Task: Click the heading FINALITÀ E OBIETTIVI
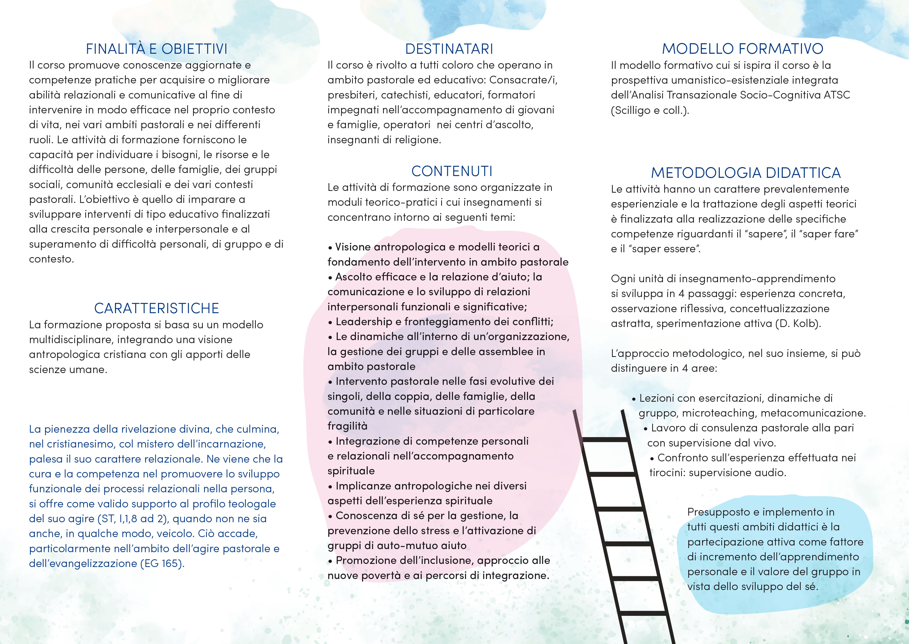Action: [157, 49]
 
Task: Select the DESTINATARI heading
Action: [449, 49]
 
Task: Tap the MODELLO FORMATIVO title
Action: [742, 49]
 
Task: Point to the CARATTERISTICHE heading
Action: [156, 308]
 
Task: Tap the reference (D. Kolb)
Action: [798, 324]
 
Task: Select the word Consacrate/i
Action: [523, 80]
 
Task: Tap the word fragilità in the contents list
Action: [347, 426]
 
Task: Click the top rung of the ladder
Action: [605, 439]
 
